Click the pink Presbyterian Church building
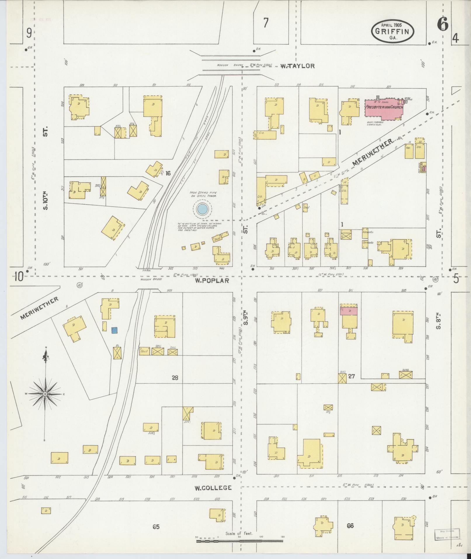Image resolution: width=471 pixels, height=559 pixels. coord(384,108)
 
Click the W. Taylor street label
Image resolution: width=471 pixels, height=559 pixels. coord(298,66)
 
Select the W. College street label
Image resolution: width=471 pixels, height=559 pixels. coord(213,488)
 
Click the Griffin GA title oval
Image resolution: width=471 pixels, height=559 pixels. coord(392,32)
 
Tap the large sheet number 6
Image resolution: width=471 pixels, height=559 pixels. coord(443,24)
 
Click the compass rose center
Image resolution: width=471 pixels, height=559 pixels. coord(45,394)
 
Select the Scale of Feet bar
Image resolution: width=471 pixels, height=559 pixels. coord(239,541)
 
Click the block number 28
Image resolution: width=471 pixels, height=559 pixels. coord(175,378)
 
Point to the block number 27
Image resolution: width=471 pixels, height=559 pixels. coord(351,376)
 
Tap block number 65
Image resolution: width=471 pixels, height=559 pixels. coord(156,527)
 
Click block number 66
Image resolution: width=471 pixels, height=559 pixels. coord(350,526)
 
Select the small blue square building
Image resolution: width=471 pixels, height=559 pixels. coord(115,330)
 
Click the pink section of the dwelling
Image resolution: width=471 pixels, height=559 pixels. coord(349,311)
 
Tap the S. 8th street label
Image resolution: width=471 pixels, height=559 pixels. coord(438,321)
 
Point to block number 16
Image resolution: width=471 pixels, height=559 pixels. coord(168,173)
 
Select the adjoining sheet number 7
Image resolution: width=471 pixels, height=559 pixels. coord(265,23)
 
